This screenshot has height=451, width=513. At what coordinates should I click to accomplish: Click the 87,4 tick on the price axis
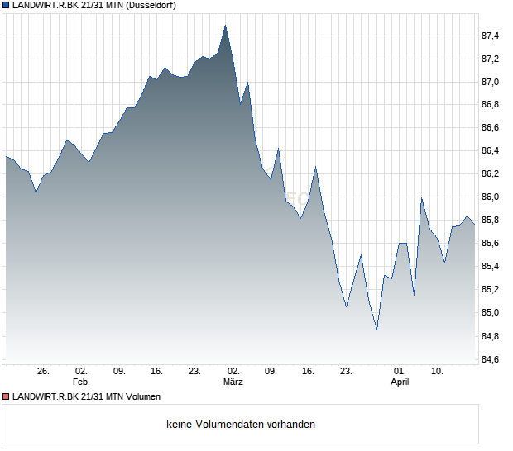(491, 36)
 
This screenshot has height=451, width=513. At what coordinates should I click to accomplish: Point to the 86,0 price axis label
(491, 197)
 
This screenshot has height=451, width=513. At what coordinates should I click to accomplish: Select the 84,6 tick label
(491, 359)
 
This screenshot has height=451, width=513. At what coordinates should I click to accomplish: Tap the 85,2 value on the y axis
(491, 290)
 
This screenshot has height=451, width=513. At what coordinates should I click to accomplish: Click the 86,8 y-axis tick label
(491, 105)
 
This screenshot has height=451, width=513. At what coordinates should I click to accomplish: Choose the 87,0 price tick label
(491, 82)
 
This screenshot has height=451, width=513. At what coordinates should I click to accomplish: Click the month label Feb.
(80, 382)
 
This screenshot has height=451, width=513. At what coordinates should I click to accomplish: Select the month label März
(233, 382)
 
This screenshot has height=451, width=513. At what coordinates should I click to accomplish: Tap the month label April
(400, 382)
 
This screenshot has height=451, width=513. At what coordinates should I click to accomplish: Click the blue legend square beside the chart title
(6, 5)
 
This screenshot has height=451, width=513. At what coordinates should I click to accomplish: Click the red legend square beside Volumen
(6, 396)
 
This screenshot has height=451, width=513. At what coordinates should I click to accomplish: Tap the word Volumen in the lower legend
(141, 396)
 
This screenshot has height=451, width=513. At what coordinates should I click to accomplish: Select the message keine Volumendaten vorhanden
(241, 425)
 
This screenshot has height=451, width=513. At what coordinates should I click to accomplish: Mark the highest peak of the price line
(225, 26)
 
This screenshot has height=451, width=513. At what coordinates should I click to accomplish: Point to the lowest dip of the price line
(376, 330)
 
